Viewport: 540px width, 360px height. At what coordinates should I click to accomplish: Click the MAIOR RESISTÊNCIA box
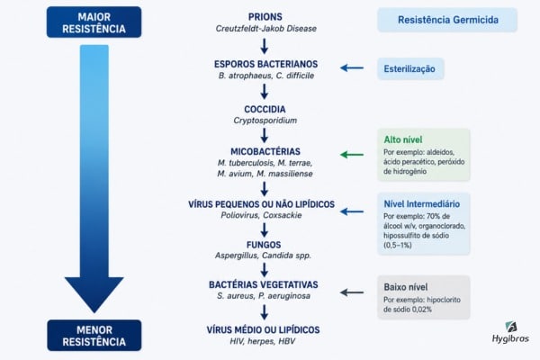tap(94, 22)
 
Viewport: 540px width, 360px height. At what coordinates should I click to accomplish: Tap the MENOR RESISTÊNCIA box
tap(94, 335)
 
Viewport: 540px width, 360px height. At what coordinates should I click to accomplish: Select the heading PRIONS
tap(265, 16)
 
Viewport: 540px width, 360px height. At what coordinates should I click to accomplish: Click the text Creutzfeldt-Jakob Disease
tap(265, 29)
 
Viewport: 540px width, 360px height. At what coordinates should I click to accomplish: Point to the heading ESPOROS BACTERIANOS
tap(265, 64)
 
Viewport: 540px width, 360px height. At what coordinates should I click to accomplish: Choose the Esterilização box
tap(410, 69)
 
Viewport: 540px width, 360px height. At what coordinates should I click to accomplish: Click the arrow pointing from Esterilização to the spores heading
tap(352, 67)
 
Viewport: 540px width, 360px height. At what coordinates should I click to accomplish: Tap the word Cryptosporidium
tap(265, 121)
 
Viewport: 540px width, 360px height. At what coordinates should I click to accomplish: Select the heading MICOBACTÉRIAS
tap(265, 151)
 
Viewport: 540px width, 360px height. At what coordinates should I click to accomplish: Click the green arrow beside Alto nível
tap(352, 155)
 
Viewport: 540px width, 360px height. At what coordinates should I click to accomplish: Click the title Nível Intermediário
tap(421, 204)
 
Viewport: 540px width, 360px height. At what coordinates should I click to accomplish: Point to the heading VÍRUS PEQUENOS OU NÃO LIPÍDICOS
tap(261, 204)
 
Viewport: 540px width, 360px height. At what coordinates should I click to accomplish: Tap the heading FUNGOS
tap(264, 245)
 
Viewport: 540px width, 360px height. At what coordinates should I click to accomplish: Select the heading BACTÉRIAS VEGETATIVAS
tap(264, 284)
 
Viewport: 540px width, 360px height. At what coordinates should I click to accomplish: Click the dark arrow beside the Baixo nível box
tap(352, 292)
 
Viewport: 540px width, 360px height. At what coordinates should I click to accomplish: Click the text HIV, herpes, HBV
tap(263, 341)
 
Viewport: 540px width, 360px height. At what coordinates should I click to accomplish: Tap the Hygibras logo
tap(510, 332)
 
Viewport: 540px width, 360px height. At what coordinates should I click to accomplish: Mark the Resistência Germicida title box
tap(447, 20)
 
